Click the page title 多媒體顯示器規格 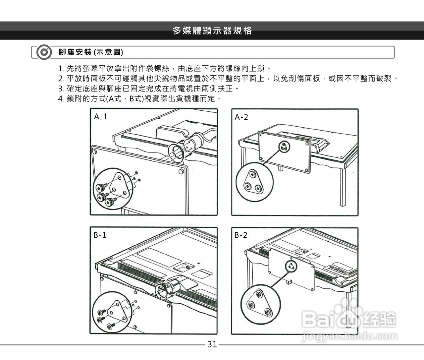pos(212,31)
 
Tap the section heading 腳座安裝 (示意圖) pos(91,52)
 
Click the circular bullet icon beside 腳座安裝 pos(44,52)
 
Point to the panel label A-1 pos(100,117)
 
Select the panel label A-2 pos(241,117)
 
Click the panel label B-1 pos(100,235)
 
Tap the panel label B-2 pos(241,235)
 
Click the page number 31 pos(212,344)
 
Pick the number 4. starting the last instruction pos(61,99)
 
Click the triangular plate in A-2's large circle pos(253,181)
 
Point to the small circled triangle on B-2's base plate pos(291,267)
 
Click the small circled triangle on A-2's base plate pos(284,147)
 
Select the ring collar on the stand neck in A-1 pos(176,153)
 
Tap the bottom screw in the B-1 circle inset pos(111,325)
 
